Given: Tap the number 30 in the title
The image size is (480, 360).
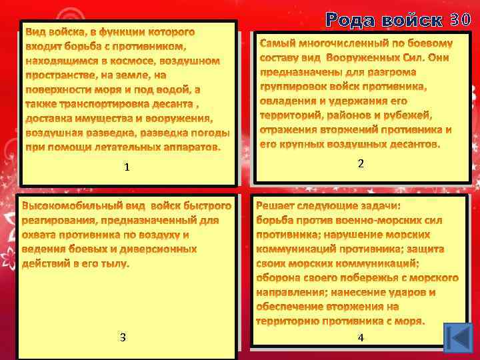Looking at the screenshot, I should pyautogui.click(x=462, y=20).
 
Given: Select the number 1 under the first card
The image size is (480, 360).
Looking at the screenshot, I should pyautogui.click(x=127, y=167).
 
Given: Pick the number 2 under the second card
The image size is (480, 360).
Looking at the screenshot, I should pyautogui.click(x=361, y=163).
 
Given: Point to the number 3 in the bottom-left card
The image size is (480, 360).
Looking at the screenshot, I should pyautogui.click(x=123, y=337).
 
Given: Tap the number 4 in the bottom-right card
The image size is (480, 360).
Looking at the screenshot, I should pyautogui.click(x=361, y=338).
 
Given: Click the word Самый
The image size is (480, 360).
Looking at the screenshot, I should pyautogui.click(x=277, y=43).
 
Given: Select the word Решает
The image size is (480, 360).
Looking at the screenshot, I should pyautogui.click(x=277, y=206).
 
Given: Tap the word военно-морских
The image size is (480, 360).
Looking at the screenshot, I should pyautogui.click(x=391, y=220).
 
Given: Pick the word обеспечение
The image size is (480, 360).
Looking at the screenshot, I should pyautogui.click(x=289, y=307).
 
